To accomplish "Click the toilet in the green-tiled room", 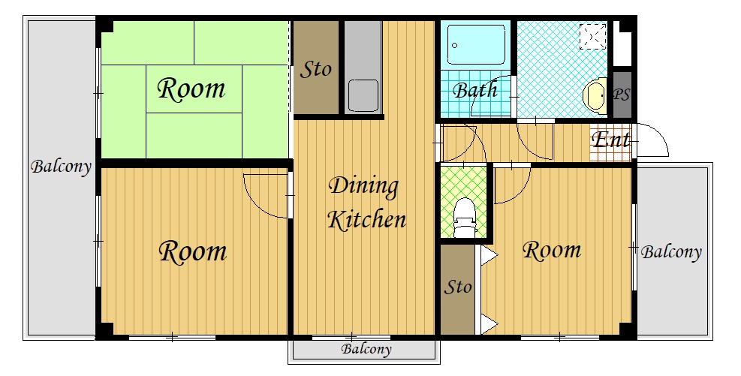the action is tap(464, 218).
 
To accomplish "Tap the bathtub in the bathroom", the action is tap(476, 44).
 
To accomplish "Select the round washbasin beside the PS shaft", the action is tap(595, 95).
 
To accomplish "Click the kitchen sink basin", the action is tap(363, 95).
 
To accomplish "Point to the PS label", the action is tap(622, 95).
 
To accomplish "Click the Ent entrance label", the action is tap(611, 140).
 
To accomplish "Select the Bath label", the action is tap(475, 90).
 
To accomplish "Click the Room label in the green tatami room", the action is tap(191, 89).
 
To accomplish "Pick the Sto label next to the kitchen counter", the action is tap(316, 70).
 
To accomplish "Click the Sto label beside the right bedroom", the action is tap(458, 287).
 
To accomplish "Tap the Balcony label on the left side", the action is tap(61, 167).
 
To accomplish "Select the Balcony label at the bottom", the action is tap(366, 350).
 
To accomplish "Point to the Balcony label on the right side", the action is tap(671, 252).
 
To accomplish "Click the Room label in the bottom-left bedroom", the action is tap(193, 251).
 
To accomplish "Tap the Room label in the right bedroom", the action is tap(552, 250).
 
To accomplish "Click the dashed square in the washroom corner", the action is tap(592, 36).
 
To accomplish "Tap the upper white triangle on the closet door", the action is tap(489, 256).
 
